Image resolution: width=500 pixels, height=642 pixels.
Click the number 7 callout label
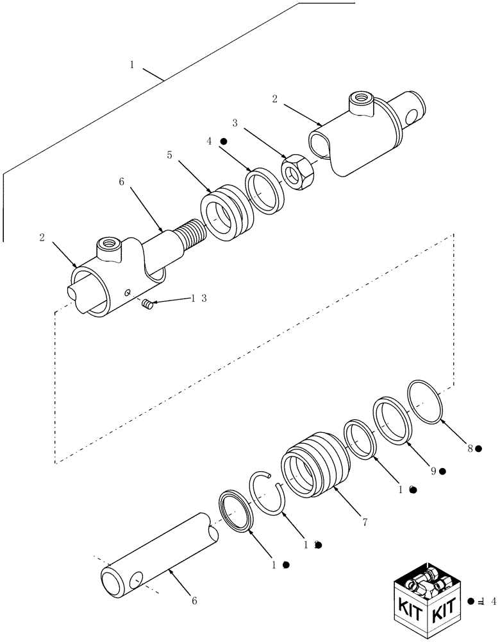click(x=364, y=523)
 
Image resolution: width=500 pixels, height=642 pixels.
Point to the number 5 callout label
click(x=169, y=155)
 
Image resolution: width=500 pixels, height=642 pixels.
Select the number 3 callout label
click(x=235, y=121)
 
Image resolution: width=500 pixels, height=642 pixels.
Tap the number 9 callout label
click(x=434, y=471)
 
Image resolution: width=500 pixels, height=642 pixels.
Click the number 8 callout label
click(x=470, y=449)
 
